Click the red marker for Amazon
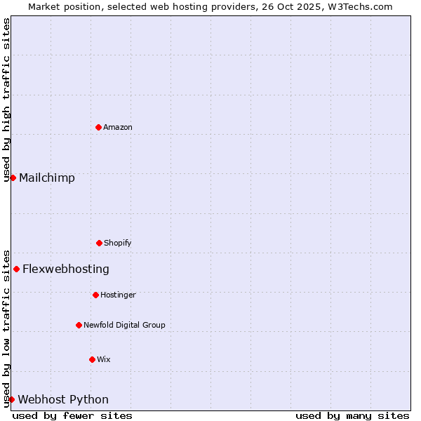coord(98,127)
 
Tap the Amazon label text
coord(118,127)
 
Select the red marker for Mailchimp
coord(13,178)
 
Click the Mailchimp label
coord(47,178)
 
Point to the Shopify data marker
coord(99,243)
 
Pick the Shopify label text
coord(118,243)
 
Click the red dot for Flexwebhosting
coord(16,269)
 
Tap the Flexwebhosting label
coord(66,269)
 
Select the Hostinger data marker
coord(95,295)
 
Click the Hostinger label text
coord(118,295)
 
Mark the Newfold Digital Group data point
coord(79,325)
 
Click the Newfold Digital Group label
coord(124,325)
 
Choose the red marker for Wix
coord(92,359)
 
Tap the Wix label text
coord(104,359)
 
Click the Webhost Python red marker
coord(11,399)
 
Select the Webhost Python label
coord(63,399)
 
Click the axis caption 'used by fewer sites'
coord(72,415)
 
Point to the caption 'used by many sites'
coord(352,415)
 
